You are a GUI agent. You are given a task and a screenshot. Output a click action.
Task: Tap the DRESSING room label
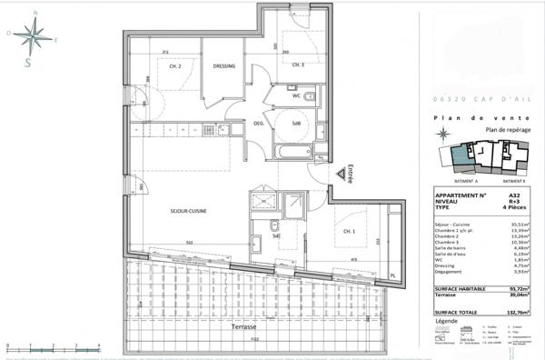tap(224, 66)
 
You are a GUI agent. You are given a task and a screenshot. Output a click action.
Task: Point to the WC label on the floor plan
tap(296, 95)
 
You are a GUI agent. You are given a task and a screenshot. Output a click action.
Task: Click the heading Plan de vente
tap(476, 119)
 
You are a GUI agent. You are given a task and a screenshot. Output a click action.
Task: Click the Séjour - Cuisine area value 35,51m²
tap(517, 223)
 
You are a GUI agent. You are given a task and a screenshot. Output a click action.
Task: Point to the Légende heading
tap(447, 321)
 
